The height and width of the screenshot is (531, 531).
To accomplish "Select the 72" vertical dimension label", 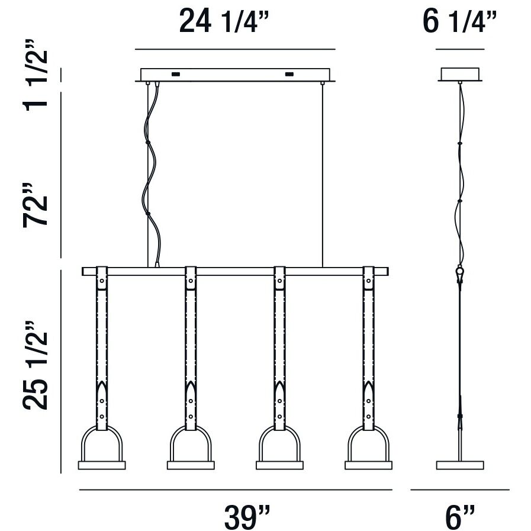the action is click(x=35, y=205).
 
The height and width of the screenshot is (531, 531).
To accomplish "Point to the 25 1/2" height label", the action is click(x=35, y=365).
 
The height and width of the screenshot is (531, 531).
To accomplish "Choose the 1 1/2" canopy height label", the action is click(x=35, y=75).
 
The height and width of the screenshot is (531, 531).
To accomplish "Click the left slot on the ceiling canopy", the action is click(x=175, y=74).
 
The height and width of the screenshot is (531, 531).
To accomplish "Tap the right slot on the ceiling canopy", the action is click(x=289, y=74).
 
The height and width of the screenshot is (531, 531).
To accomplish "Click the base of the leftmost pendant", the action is click(x=102, y=465).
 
